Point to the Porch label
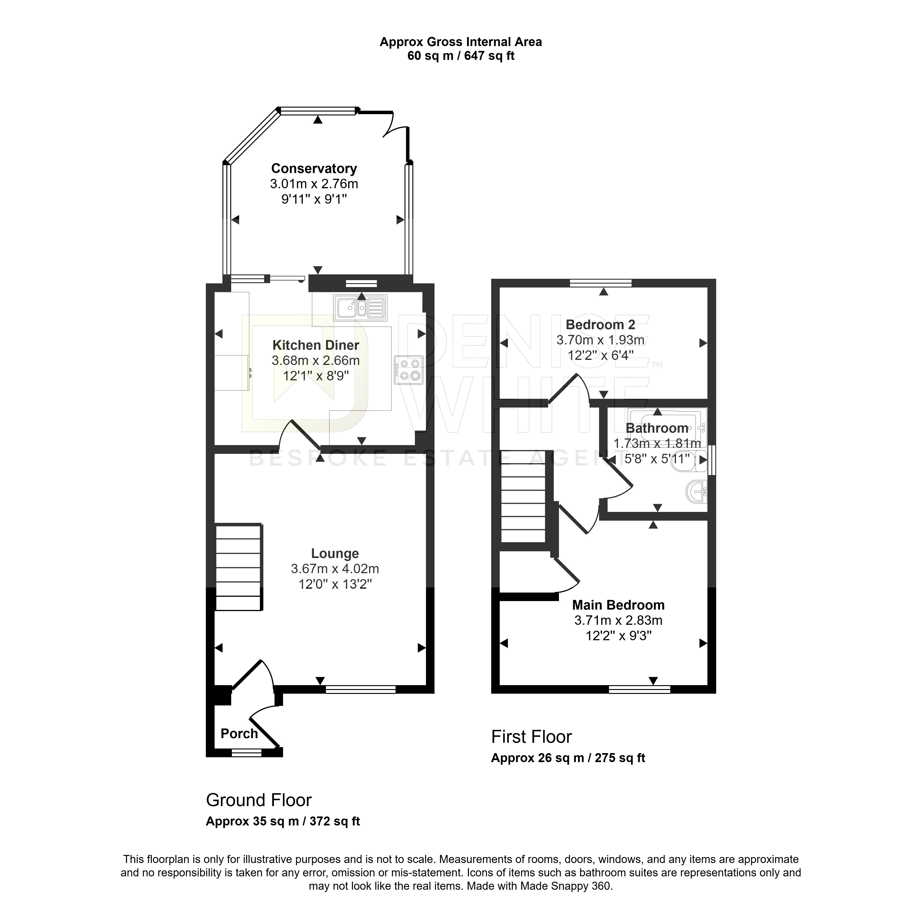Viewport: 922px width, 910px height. click(239, 733)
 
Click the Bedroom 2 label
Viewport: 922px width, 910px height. click(600, 325)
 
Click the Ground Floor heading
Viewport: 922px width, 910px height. click(259, 800)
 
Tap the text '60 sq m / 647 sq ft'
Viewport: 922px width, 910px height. click(461, 56)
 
